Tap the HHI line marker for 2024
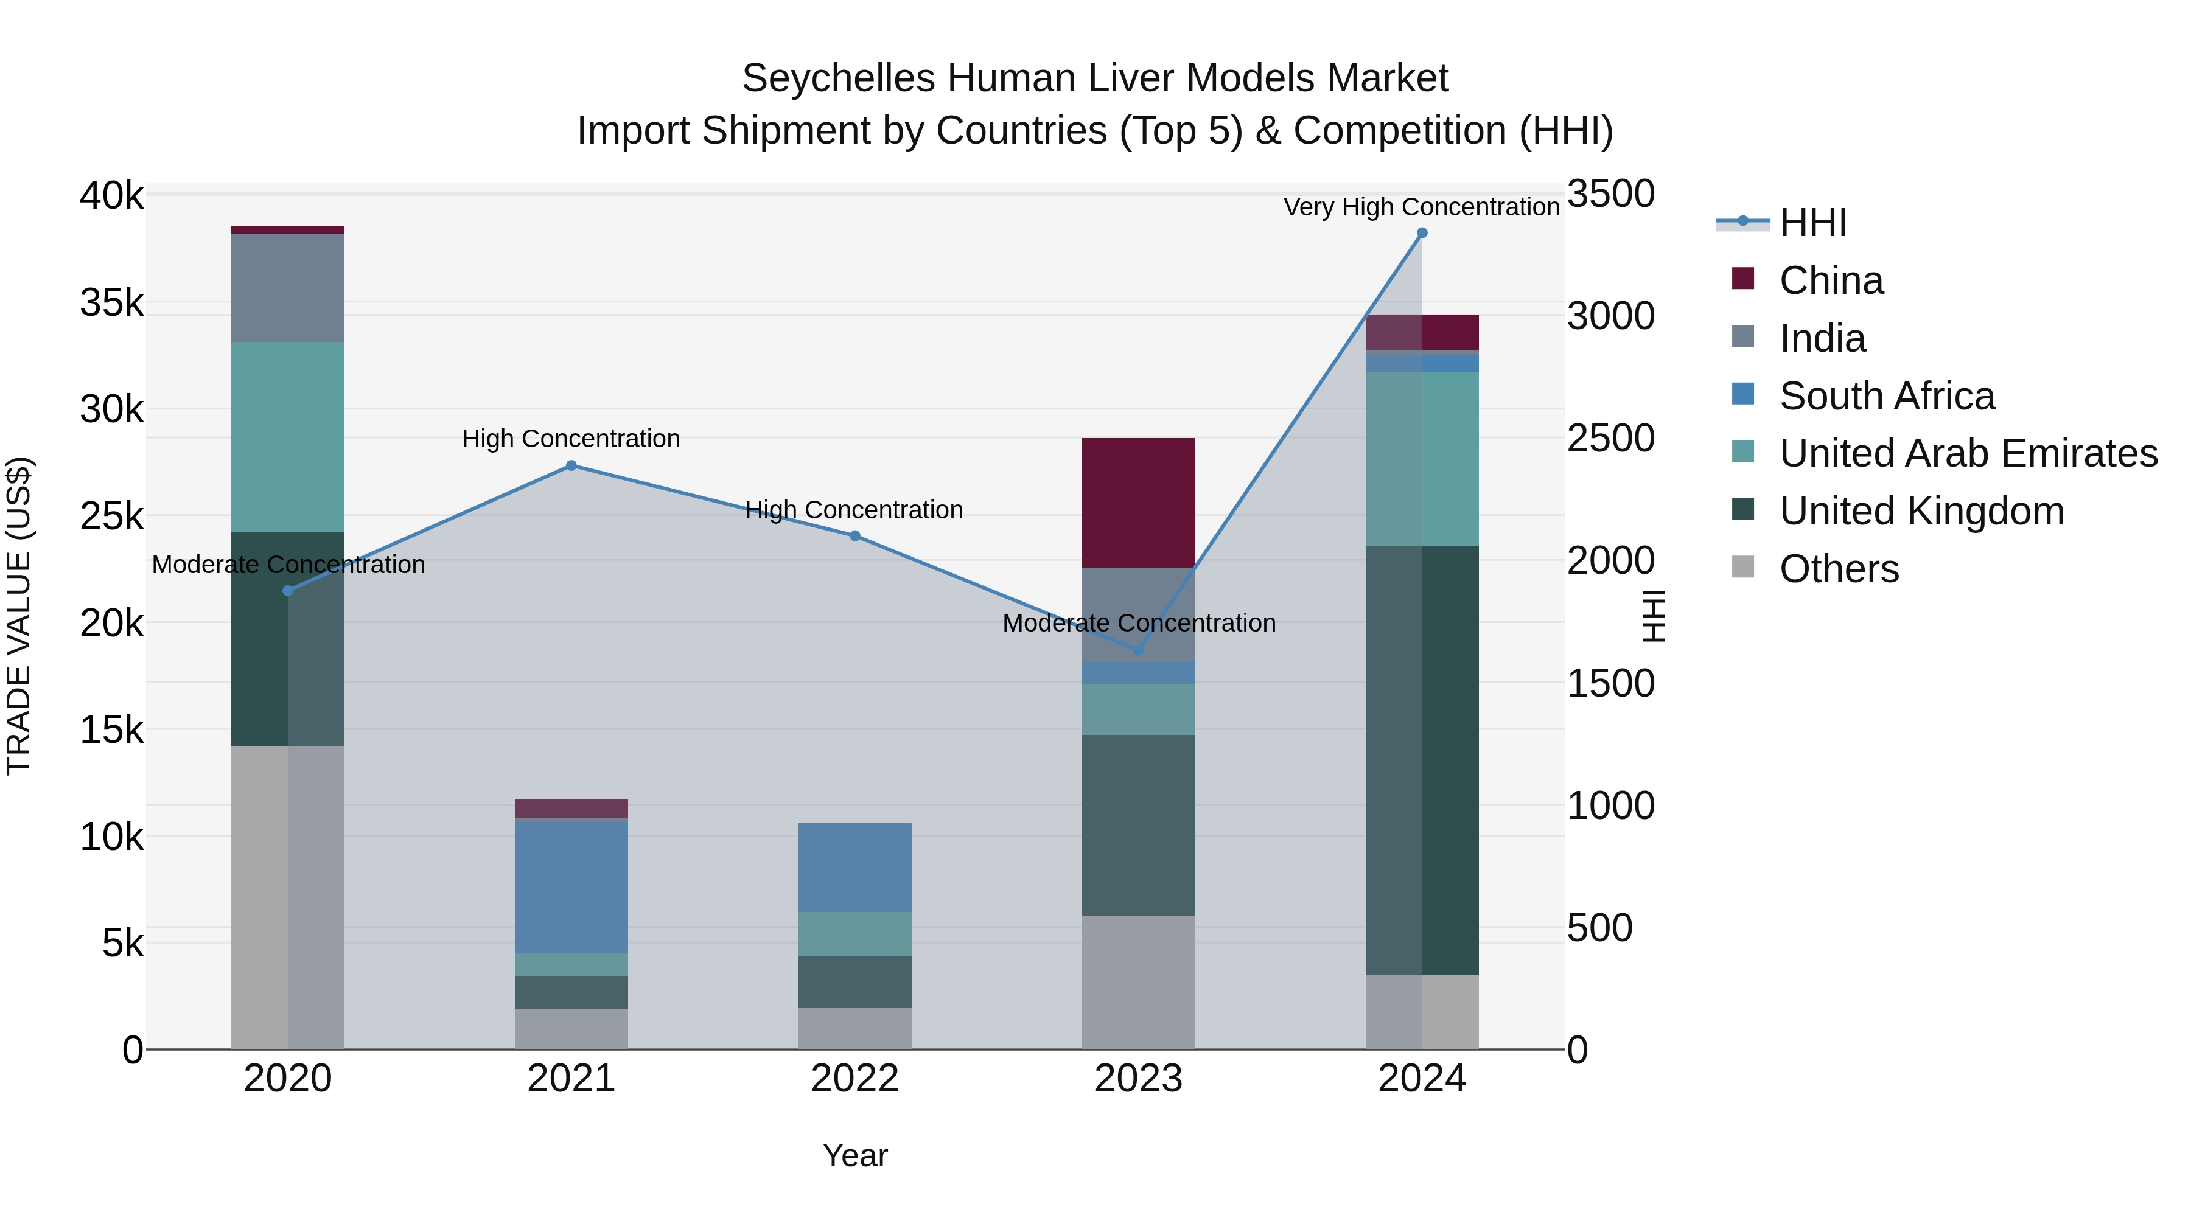click(1422, 233)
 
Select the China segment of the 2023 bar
click(1138, 503)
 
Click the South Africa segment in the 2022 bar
click(855, 867)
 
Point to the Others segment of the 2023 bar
click(1138, 982)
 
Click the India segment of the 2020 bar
click(287, 287)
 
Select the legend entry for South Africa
click(1887, 396)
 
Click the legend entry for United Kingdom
click(1921, 512)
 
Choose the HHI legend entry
click(1812, 223)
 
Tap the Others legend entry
click(1838, 569)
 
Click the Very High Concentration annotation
click(1421, 207)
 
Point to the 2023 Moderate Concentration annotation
click(1139, 623)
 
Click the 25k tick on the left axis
click(112, 516)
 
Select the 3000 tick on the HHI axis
click(1610, 316)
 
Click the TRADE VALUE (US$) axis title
click(19, 616)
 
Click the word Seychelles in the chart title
click(838, 79)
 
